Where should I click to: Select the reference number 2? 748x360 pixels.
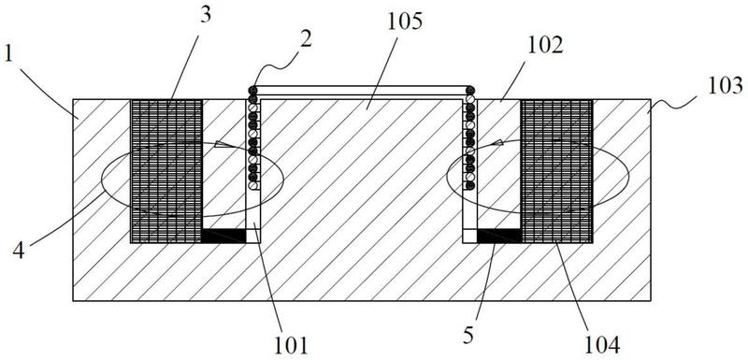306,39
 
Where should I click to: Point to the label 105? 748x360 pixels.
406,22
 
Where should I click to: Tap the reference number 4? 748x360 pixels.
18,252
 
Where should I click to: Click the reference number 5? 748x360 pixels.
468,337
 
